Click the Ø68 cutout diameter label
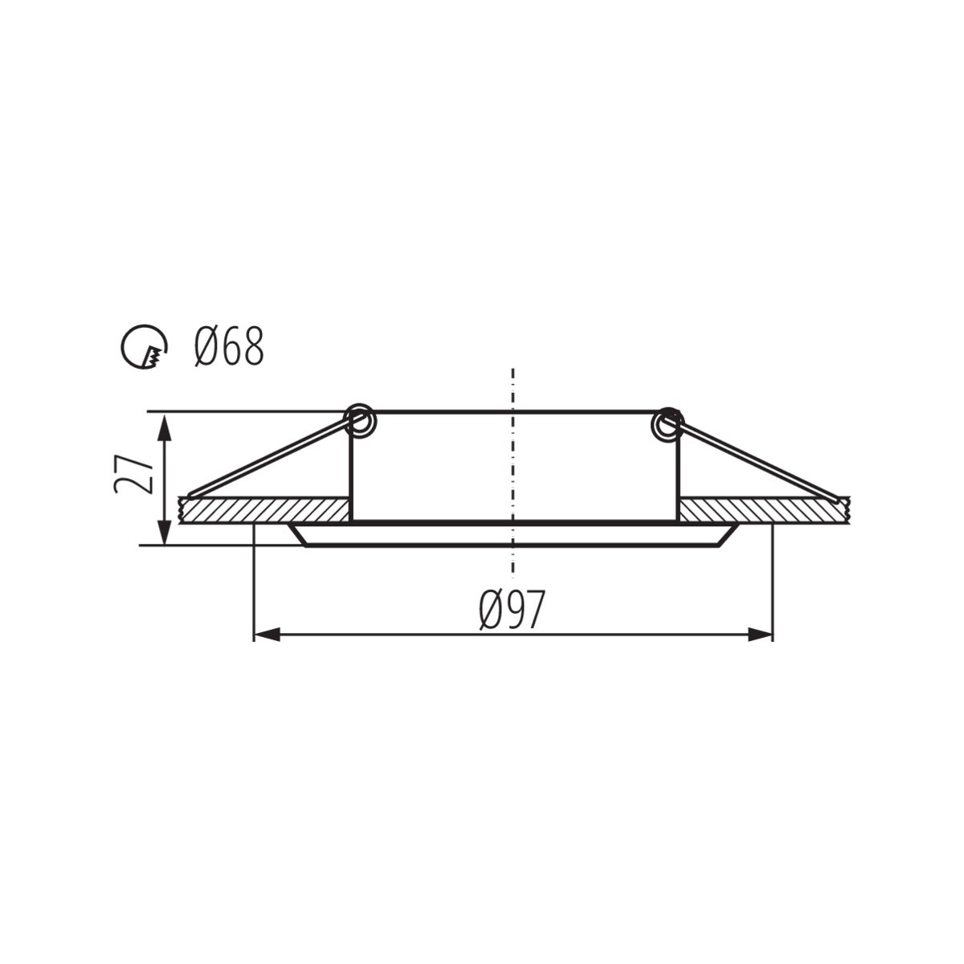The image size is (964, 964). tap(229, 347)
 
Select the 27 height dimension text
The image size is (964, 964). tap(133, 475)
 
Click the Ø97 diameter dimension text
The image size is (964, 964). tap(512, 610)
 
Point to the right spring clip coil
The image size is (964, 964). tap(667, 425)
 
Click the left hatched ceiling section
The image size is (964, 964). tap(264, 510)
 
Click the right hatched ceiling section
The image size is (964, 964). tap(764, 510)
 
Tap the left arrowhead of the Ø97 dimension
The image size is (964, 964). tap(267, 635)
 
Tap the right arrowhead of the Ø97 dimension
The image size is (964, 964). tap(760, 635)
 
